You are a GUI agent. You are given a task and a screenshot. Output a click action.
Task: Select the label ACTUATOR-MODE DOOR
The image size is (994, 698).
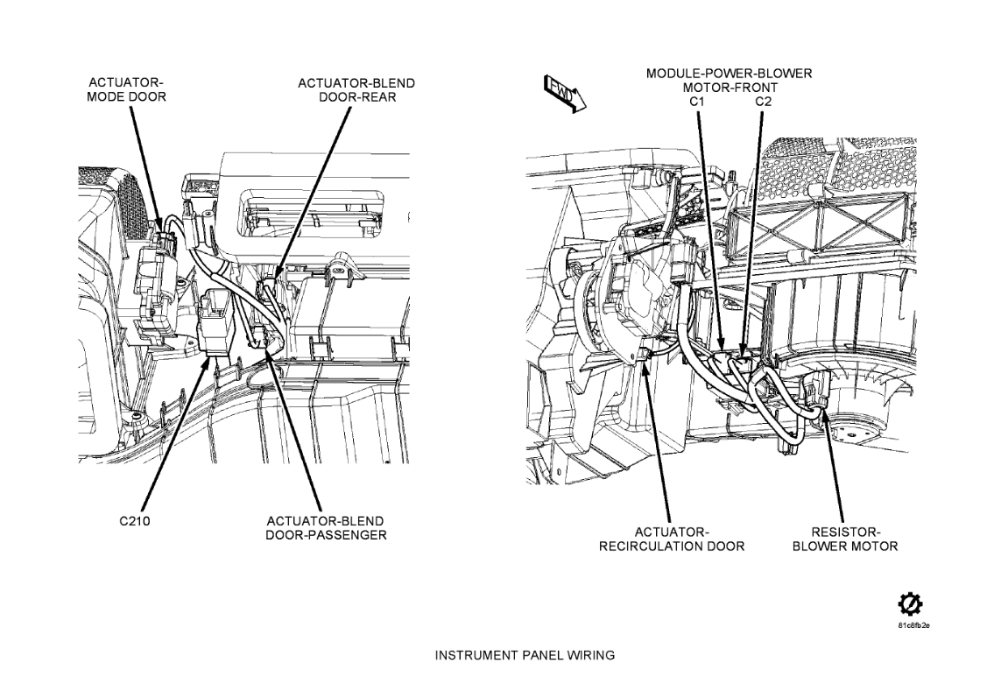[126, 90]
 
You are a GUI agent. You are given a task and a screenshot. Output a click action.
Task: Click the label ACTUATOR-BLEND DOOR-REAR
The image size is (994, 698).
[356, 90]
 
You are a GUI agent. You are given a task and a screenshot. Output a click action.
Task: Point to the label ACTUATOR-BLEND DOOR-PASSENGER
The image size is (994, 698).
[326, 528]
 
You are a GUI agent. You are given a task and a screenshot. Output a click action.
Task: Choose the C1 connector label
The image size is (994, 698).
[697, 102]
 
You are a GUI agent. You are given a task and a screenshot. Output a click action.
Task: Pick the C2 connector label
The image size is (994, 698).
[764, 102]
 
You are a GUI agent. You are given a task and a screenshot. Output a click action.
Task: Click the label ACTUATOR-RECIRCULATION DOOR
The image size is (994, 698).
[672, 539]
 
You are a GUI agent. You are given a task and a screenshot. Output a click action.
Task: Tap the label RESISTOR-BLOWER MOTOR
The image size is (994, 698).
[845, 539]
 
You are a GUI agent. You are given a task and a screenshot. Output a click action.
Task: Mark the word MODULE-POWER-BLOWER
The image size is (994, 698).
[729, 74]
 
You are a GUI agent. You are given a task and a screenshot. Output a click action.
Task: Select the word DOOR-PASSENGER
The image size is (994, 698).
[326, 535]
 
